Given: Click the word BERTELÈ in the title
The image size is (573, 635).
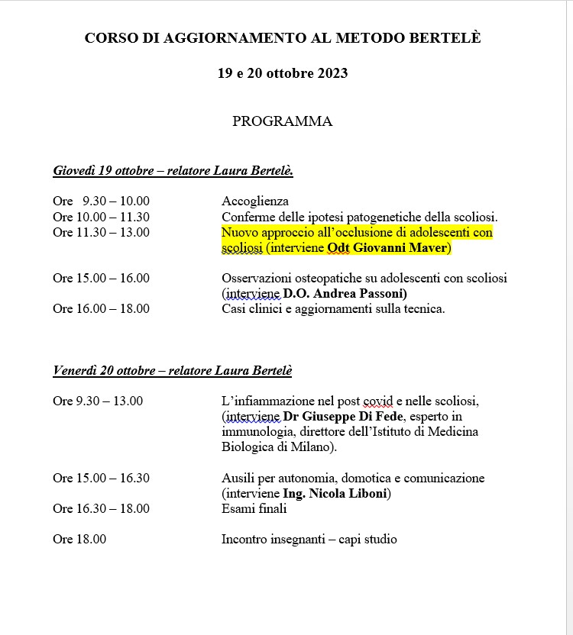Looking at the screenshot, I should click(445, 37).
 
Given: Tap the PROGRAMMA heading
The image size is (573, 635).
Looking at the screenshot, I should click(282, 121).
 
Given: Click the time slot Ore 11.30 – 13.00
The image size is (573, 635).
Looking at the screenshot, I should click(101, 233).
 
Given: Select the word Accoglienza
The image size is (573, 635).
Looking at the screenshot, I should click(255, 201).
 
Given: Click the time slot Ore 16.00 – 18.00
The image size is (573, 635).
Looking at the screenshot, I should click(101, 309).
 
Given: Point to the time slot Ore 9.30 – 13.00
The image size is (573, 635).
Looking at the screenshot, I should click(98, 401).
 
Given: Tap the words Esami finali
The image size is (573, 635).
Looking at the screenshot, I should click(254, 509).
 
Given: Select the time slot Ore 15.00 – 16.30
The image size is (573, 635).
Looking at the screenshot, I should click(101, 479).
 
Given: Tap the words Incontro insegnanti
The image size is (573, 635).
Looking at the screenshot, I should click(270, 540).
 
